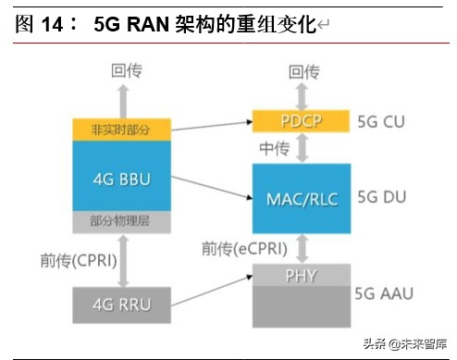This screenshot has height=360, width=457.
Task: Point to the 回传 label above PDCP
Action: tap(303, 71)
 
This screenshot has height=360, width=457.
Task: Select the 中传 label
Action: tap(275, 148)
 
